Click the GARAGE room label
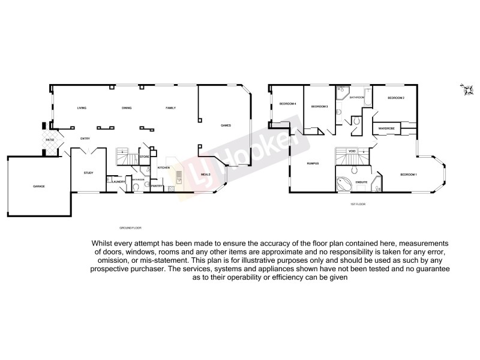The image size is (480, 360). (x=39, y=187)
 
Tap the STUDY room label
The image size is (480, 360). (x=88, y=173)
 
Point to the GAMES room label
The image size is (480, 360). (x=226, y=125)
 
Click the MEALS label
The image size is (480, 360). (x=205, y=174)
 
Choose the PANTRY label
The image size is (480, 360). (x=157, y=186)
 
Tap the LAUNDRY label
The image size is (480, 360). (x=118, y=181)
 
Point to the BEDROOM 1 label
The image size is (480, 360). (x=409, y=174)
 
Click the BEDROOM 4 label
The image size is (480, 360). (x=288, y=104)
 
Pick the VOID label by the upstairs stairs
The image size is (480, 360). (x=352, y=151)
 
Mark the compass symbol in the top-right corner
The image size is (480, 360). (x=464, y=89)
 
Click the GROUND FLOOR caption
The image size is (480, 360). (x=130, y=228)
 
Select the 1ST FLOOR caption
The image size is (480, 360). (x=358, y=205)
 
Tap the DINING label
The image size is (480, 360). (x=127, y=108)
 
